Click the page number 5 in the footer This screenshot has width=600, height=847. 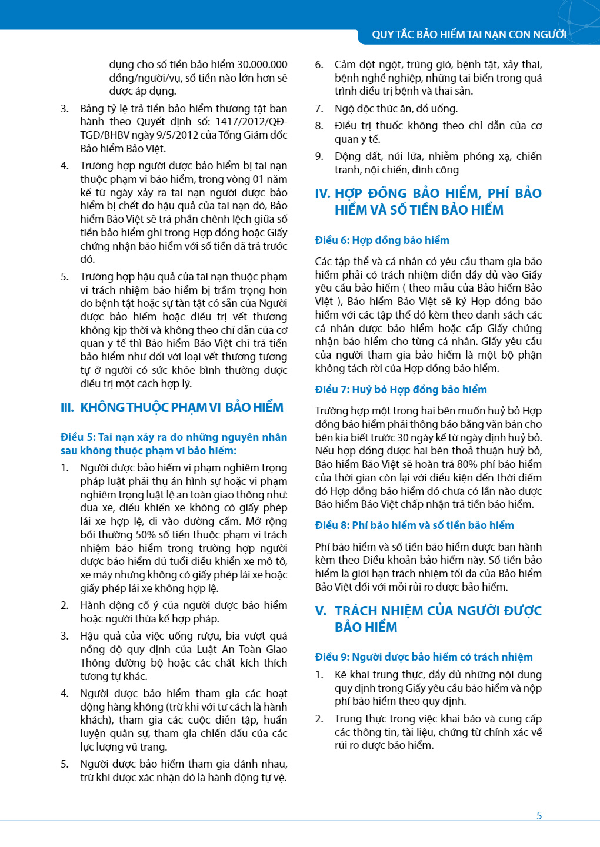point(539,815)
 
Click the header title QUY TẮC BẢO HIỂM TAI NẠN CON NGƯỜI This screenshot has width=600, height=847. point(469,35)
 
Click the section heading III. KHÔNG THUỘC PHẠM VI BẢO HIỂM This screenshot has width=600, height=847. point(172,408)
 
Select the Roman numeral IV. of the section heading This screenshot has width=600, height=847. point(322,194)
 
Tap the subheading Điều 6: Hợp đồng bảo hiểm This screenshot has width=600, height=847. point(382,240)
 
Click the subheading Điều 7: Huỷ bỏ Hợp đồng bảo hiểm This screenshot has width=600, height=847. point(401,390)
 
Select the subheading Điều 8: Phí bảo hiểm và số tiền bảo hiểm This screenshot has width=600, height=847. point(414,525)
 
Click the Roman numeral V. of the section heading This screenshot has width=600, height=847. point(321,611)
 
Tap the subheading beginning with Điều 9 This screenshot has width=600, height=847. point(424,657)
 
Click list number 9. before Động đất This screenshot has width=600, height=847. point(319,156)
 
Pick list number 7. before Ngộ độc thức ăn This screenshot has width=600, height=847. point(319,109)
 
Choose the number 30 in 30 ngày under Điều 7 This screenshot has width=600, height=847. point(403,438)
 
